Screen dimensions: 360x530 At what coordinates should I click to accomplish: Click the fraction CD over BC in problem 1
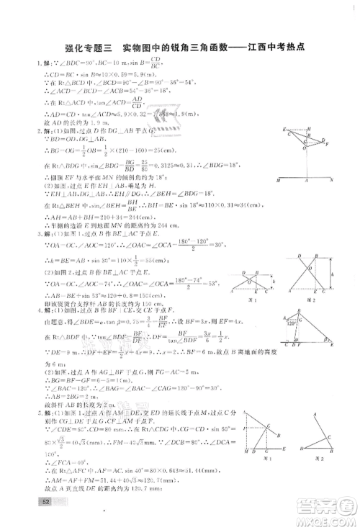point(175,65)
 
